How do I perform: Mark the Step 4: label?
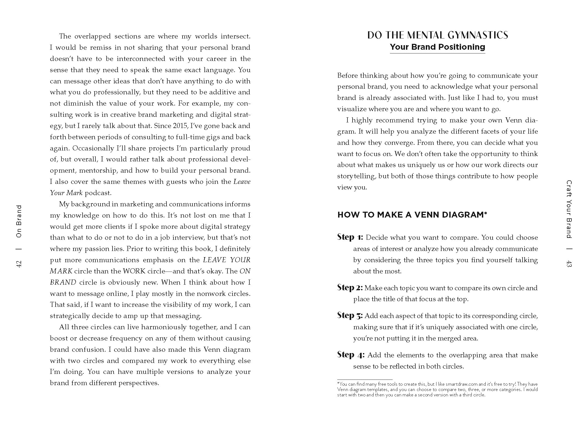(351, 355)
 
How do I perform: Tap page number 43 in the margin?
(569, 264)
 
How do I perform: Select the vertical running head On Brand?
(19, 221)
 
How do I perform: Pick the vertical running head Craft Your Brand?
(569, 209)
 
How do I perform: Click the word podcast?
(98, 193)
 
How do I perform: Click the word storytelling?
(352, 176)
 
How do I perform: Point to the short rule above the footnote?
(365, 380)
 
